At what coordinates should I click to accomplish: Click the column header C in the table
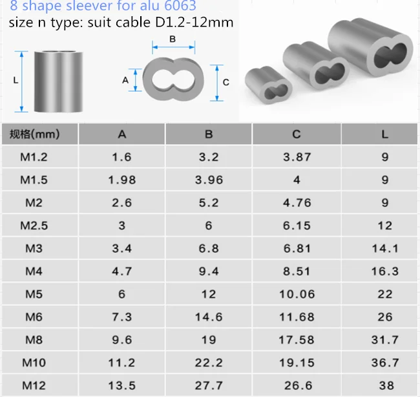296,134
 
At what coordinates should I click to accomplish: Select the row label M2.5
34,226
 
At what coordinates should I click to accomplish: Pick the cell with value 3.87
297,157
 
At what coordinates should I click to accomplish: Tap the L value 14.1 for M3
385,248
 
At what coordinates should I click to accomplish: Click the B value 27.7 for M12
209,386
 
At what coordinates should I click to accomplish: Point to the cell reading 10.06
297,294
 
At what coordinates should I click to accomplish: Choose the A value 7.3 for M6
122,317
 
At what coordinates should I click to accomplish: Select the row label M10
34,363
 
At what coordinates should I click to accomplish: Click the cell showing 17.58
297,340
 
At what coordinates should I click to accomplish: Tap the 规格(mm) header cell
34,134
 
